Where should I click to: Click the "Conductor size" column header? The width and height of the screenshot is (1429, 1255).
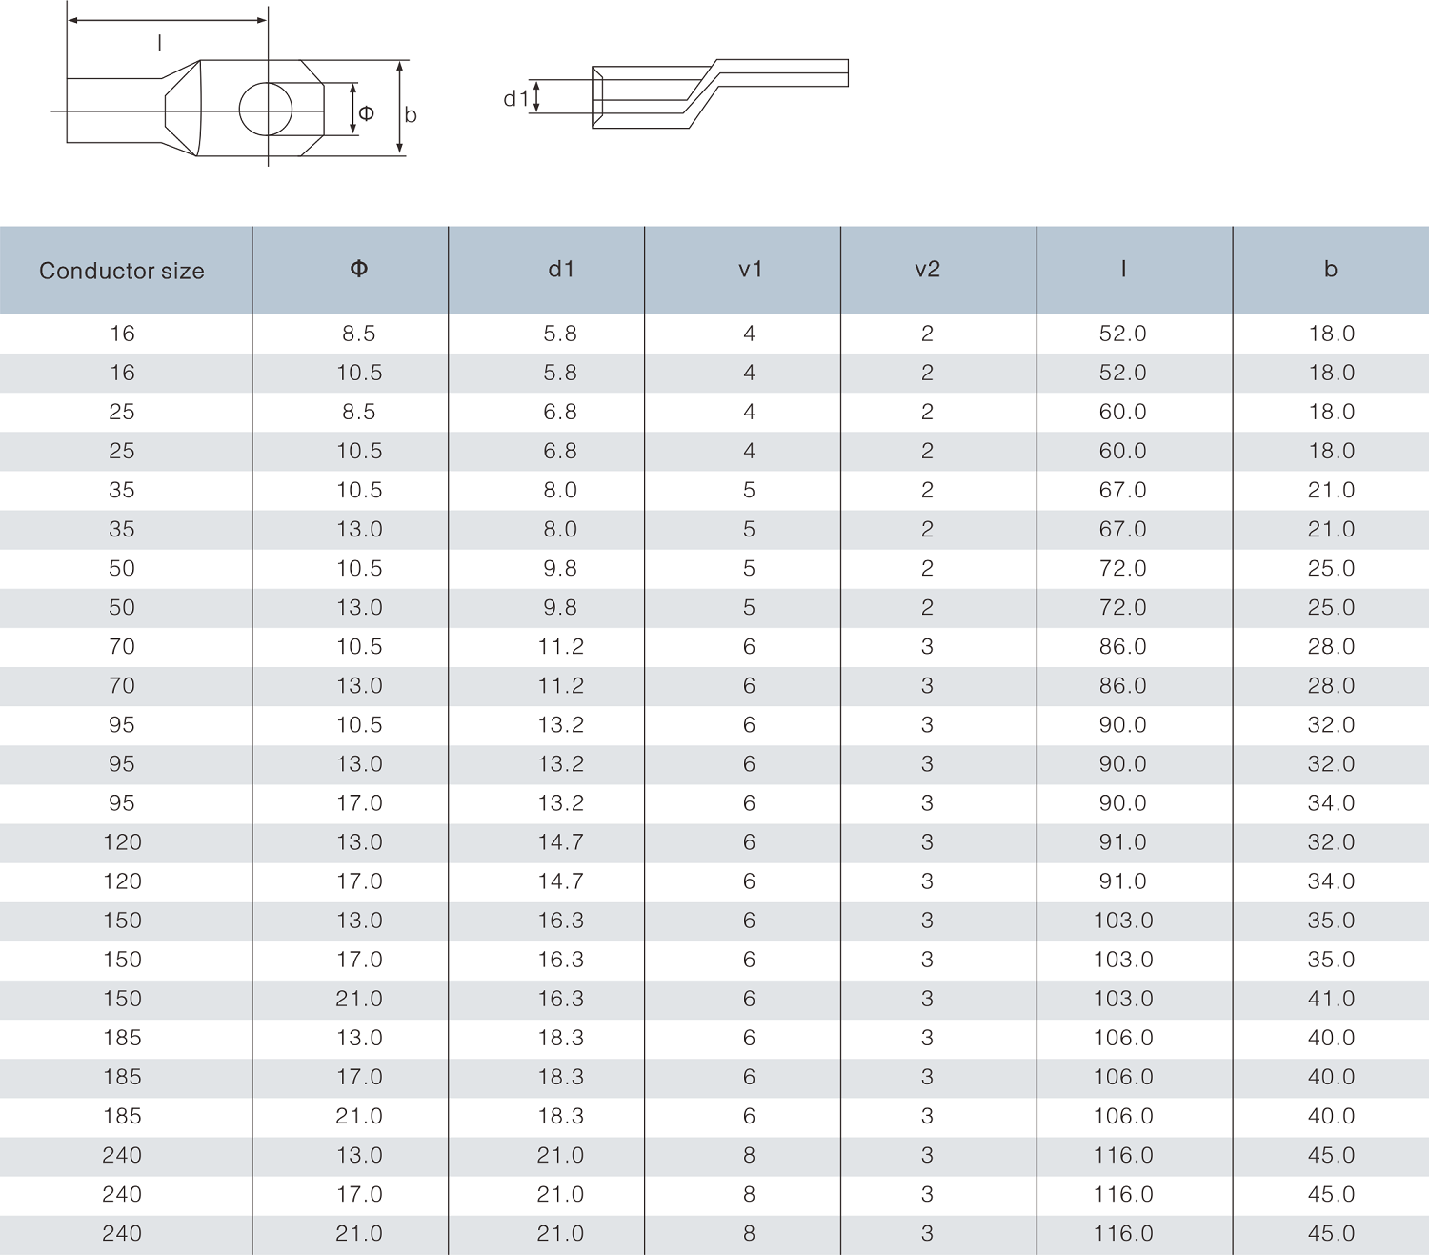click(122, 271)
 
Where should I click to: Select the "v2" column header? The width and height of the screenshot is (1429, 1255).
click(927, 270)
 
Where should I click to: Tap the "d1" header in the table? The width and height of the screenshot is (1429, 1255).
click(561, 270)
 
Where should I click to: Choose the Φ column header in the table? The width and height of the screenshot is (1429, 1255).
click(359, 269)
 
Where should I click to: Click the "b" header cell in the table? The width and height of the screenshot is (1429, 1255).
click(1331, 270)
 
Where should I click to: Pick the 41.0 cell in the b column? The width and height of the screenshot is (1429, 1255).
click(1331, 999)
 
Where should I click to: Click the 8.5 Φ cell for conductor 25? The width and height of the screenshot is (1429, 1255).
click(359, 412)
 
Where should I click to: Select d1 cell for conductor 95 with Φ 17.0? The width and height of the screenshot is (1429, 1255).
click(560, 803)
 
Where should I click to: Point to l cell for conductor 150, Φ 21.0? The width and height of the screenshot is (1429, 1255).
click(1123, 999)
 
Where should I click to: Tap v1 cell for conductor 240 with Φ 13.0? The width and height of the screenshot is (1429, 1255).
click(750, 1155)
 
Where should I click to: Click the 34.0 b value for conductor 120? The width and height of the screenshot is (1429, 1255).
click(1331, 881)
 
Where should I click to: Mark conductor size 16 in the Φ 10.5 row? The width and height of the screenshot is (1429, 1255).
click(122, 373)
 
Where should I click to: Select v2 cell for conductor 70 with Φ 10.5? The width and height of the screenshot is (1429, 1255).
click(927, 647)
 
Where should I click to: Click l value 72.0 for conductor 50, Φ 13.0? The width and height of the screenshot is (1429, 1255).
click(1123, 607)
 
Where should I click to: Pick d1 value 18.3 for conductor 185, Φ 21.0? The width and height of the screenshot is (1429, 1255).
click(560, 1116)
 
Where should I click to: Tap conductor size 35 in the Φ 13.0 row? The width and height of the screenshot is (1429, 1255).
click(122, 529)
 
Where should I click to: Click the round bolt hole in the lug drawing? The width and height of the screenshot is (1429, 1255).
click(266, 109)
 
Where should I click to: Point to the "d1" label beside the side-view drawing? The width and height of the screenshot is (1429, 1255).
click(515, 99)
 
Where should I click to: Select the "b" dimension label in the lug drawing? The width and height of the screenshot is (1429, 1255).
click(411, 115)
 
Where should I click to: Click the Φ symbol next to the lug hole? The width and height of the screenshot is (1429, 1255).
click(367, 113)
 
